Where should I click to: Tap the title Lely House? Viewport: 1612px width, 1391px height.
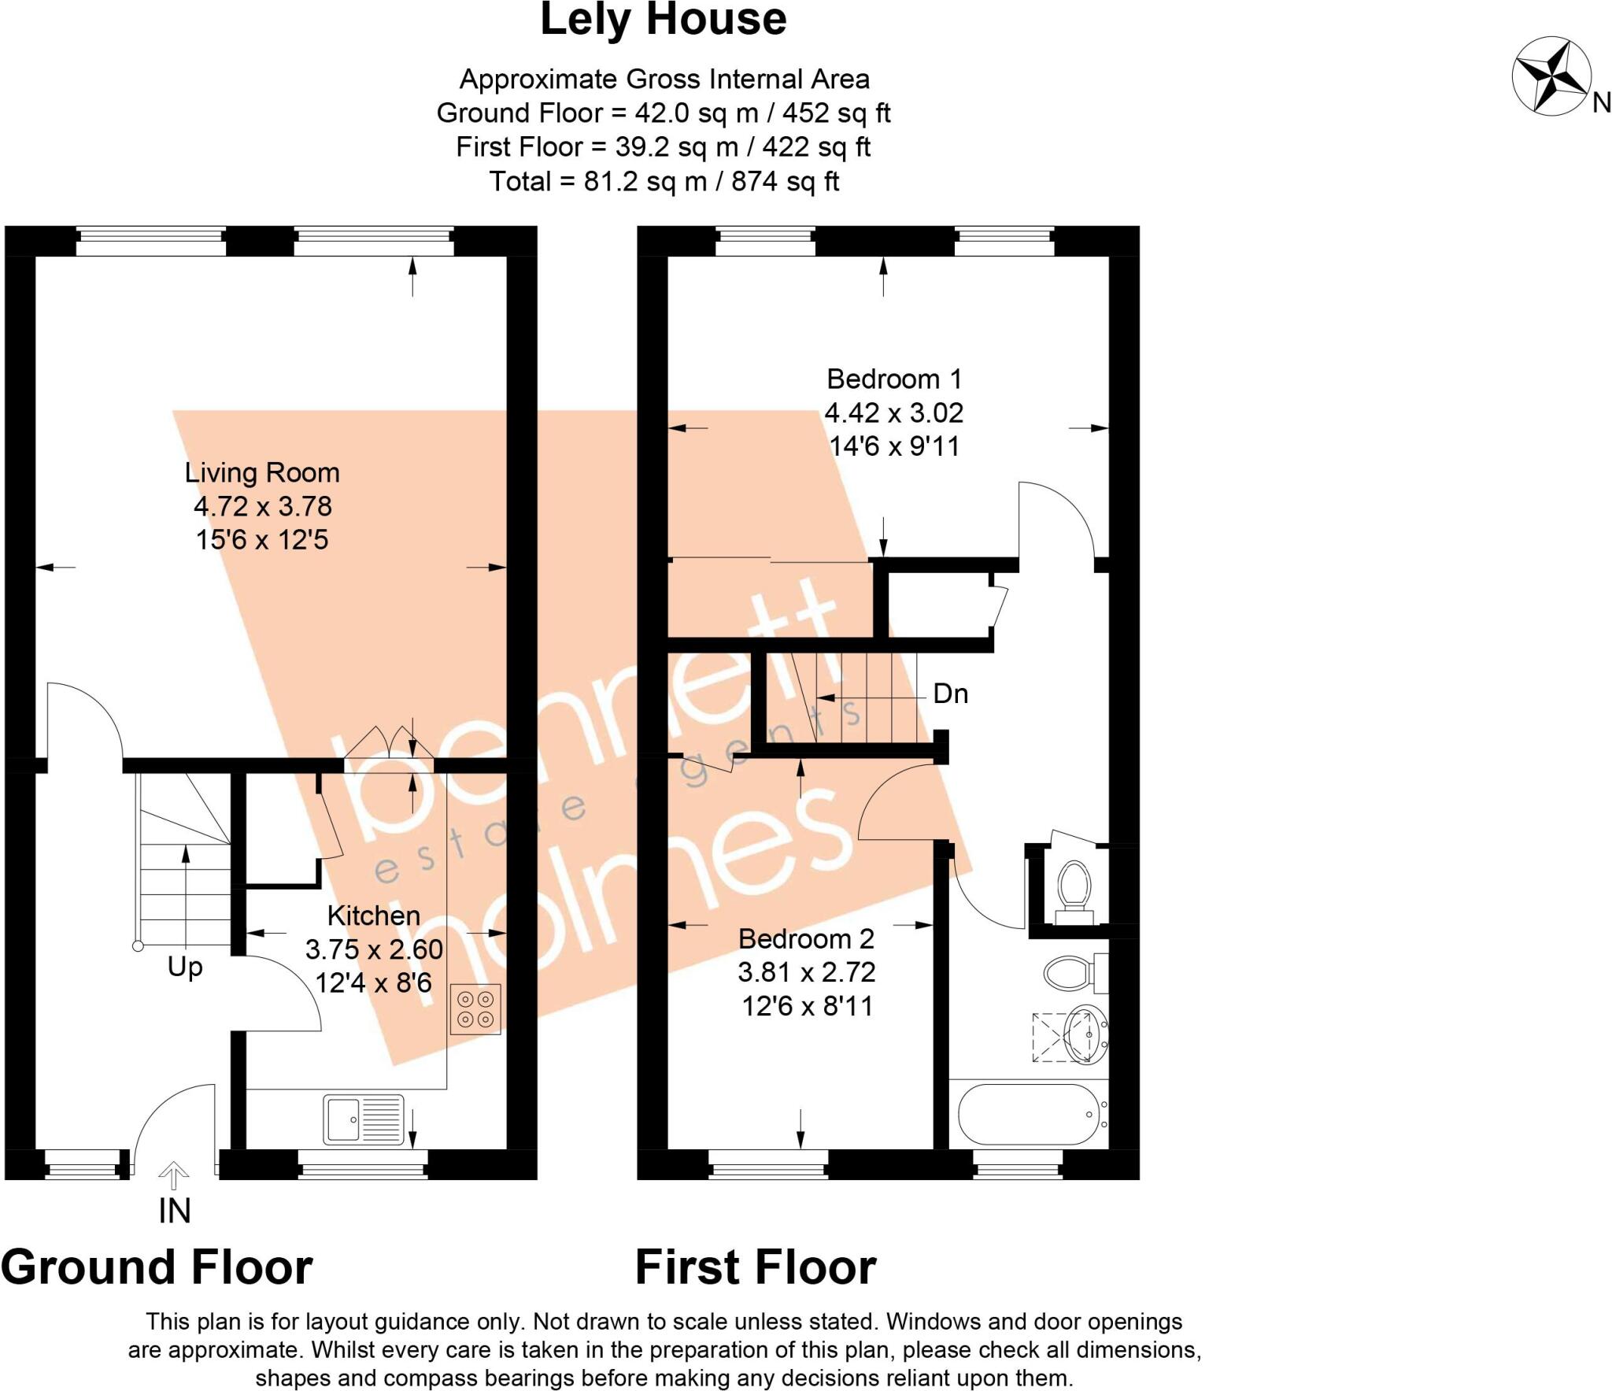pyautogui.click(x=663, y=20)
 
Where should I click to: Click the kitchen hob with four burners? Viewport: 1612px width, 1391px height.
pyautogui.click(x=475, y=1009)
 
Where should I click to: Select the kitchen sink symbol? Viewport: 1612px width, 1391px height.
pyautogui.click(x=363, y=1119)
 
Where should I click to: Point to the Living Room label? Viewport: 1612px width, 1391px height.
pyautogui.click(x=262, y=472)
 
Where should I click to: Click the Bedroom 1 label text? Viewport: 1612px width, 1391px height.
pyautogui.click(x=893, y=379)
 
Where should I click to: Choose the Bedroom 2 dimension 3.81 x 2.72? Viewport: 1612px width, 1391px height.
pyautogui.click(x=806, y=972)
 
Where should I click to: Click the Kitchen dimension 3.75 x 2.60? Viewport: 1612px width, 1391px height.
pyautogui.click(x=374, y=949)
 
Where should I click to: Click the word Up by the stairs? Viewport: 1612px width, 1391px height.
pyautogui.click(x=185, y=967)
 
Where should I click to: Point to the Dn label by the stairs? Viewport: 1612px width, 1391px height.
pyautogui.click(x=950, y=694)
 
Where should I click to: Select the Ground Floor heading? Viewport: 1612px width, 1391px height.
pyautogui.click(x=157, y=1267)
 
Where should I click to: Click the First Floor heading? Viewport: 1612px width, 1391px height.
pyautogui.click(x=755, y=1267)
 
